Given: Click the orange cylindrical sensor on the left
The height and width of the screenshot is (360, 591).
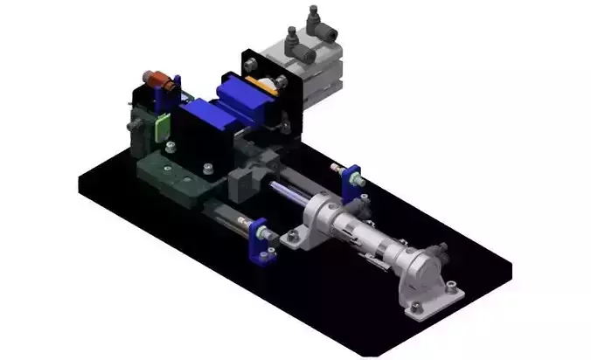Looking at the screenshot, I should click(158, 81).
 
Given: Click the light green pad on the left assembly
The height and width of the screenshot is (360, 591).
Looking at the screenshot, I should click(160, 126).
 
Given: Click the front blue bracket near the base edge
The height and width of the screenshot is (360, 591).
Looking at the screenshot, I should click(261, 238).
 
